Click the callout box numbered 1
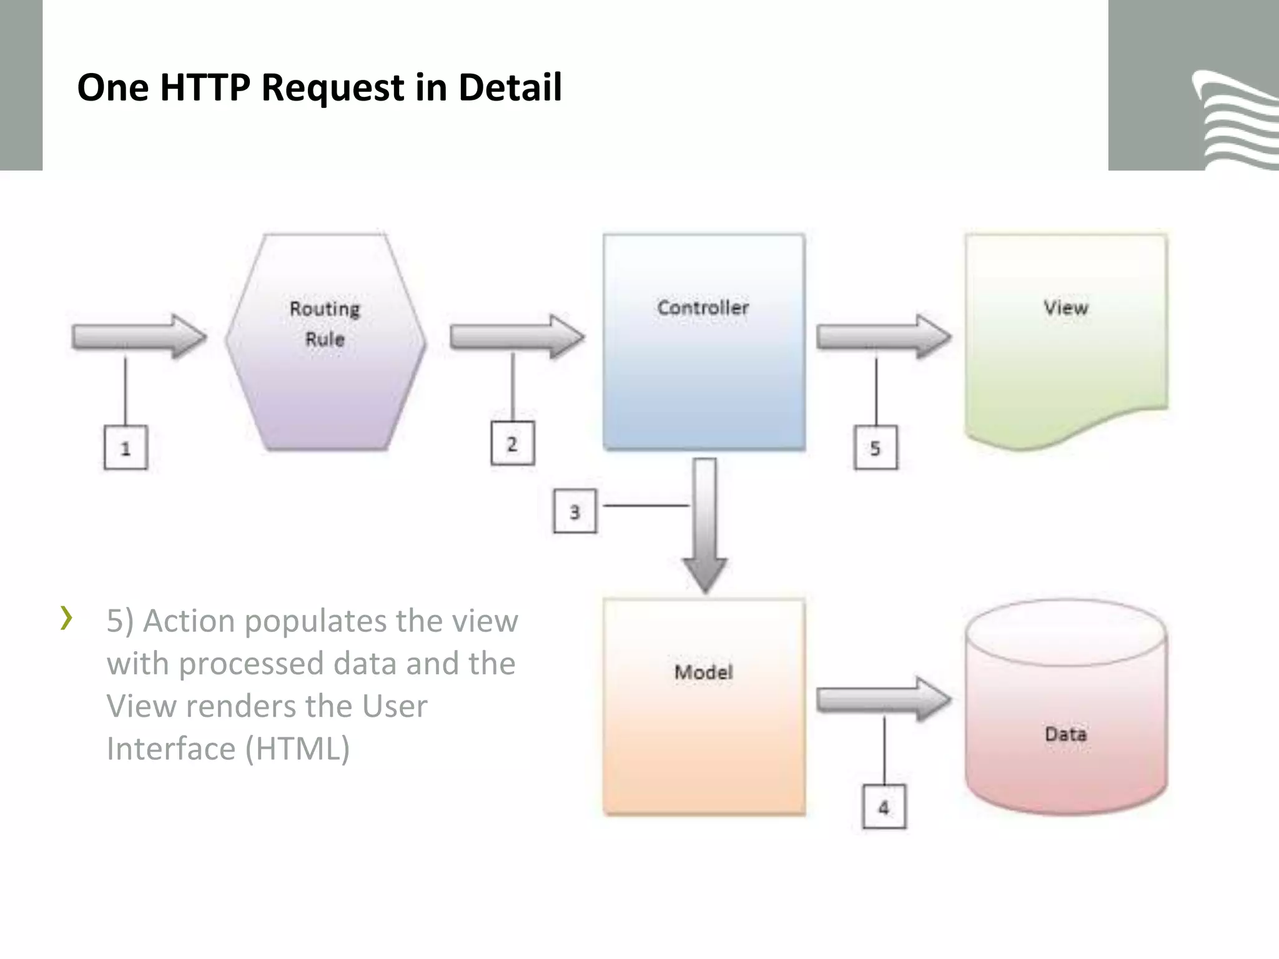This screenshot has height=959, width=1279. click(x=126, y=448)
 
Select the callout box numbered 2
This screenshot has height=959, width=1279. click(x=512, y=444)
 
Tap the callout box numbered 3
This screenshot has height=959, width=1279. click(x=575, y=512)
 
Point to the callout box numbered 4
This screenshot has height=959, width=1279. click(x=884, y=807)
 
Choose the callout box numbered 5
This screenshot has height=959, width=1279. click(x=876, y=448)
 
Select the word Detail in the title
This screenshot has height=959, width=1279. click(x=510, y=87)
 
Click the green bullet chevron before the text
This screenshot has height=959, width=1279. click(x=66, y=618)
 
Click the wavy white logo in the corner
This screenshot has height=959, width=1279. click(x=1233, y=122)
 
